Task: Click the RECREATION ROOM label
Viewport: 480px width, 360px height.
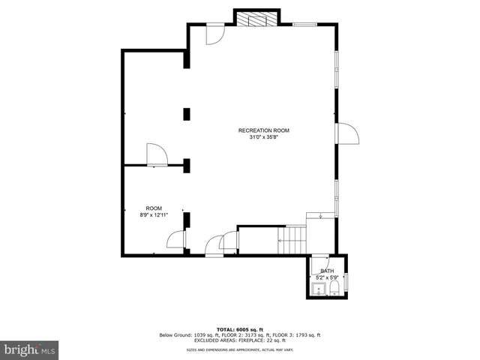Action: click(263, 130)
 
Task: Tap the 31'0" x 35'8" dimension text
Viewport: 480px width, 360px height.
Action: click(263, 137)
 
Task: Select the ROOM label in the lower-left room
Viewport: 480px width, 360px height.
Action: click(154, 208)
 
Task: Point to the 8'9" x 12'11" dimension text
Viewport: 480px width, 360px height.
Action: click(154, 215)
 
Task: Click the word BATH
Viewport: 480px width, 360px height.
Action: click(328, 271)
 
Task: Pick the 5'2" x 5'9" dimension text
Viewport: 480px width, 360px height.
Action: click(328, 277)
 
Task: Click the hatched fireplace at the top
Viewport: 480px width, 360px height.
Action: click(256, 19)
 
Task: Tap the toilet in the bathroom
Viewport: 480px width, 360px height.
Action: click(335, 288)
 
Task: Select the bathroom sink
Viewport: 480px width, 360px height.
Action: click(319, 289)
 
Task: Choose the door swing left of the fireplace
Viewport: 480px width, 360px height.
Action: click(214, 33)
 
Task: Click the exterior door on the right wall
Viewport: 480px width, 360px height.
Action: click(348, 133)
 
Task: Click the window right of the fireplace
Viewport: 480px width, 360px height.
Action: click(304, 24)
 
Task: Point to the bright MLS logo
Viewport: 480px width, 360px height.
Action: click(30, 349)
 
